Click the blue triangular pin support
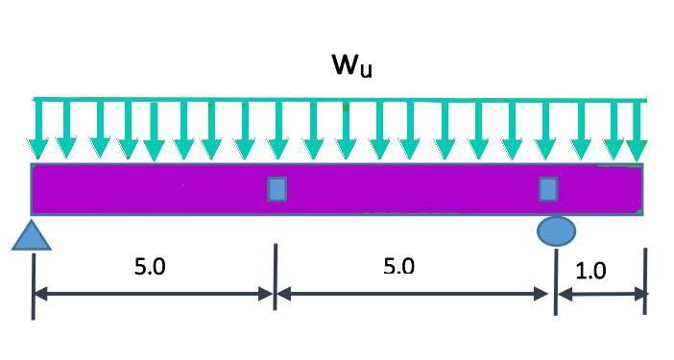pos(31,234)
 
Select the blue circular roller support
pos(556,231)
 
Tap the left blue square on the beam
pos(277,188)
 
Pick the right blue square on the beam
pos(548,188)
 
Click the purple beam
pos(403,188)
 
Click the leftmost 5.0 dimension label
pos(150,267)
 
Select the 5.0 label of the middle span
pos(397,266)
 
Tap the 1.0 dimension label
pos(590,271)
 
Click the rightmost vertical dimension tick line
pos(645,280)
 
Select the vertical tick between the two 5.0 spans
pos(276,276)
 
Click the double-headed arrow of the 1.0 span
pos(601,294)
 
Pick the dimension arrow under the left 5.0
pos(154,295)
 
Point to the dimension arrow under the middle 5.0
pos(415,295)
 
